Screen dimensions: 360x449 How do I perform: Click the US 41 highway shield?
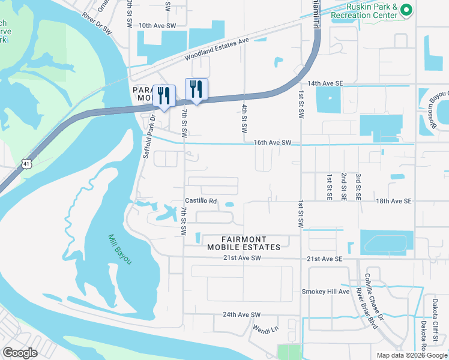[25, 163]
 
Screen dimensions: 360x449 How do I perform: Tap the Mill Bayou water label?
[119, 249]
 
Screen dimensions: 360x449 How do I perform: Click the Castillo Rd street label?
[200, 202]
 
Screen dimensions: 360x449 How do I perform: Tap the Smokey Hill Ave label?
[325, 292]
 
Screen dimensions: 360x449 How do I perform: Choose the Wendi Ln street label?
[266, 329]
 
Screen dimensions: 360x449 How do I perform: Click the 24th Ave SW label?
[242, 314]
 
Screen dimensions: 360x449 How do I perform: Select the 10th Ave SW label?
[157, 26]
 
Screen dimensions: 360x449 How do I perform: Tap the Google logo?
[20, 353]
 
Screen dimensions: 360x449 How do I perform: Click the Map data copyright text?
[411, 355]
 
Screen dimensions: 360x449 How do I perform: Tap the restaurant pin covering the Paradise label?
[163, 95]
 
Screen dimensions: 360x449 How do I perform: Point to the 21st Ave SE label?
[324, 259]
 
